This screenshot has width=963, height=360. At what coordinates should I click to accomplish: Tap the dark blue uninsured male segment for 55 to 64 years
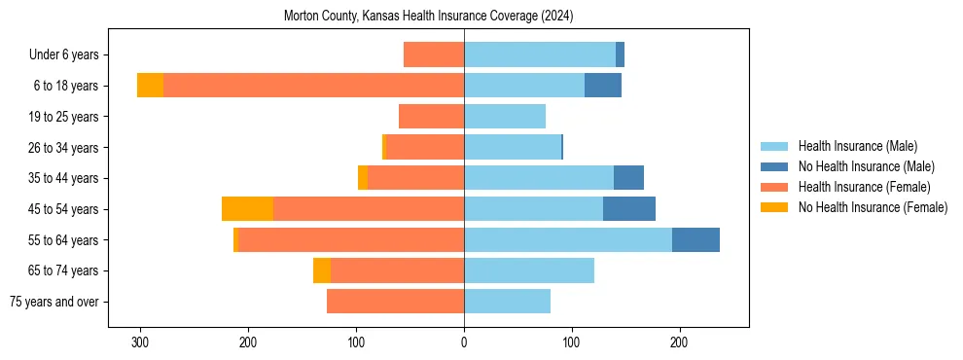[x=695, y=240]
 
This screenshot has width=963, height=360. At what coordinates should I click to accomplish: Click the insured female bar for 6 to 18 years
[x=313, y=86]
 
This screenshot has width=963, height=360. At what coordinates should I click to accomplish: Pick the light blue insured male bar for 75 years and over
[x=507, y=302]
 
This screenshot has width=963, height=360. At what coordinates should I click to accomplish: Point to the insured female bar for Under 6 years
[x=434, y=55]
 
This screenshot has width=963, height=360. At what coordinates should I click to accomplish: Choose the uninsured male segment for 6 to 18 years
[x=603, y=86]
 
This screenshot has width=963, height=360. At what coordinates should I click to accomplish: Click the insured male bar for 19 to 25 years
[x=505, y=117]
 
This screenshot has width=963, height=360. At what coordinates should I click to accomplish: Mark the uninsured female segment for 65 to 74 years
[x=322, y=270]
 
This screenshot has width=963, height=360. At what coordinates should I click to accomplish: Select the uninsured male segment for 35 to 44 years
[x=628, y=178]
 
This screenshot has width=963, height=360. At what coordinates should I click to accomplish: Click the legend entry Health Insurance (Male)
[x=857, y=146]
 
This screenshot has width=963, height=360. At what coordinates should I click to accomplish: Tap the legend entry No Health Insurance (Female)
[x=873, y=207]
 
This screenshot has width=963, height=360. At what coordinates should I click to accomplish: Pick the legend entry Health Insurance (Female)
[x=864, y=187]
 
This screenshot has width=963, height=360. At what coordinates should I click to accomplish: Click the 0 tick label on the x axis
[x=464, y=342]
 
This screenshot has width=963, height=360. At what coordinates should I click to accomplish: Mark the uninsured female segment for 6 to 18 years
[x=150, y=86]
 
